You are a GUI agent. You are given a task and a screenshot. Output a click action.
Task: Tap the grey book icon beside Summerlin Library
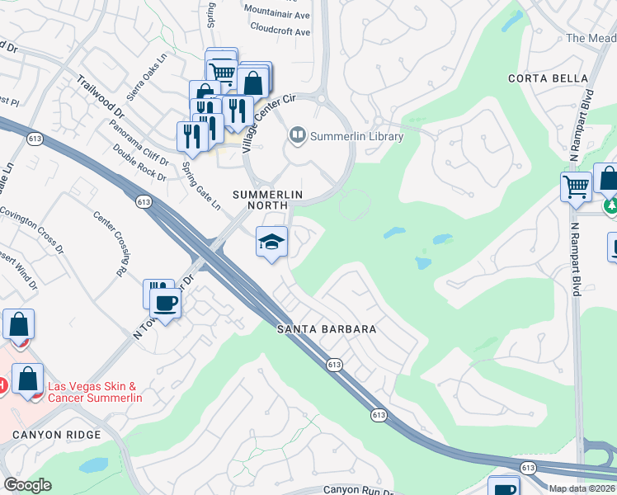click(x=297, y=134)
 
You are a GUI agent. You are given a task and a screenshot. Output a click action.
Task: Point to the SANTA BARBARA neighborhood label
click(x=326, y=329)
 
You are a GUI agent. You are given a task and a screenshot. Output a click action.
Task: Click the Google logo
click(x=27, y=485)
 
